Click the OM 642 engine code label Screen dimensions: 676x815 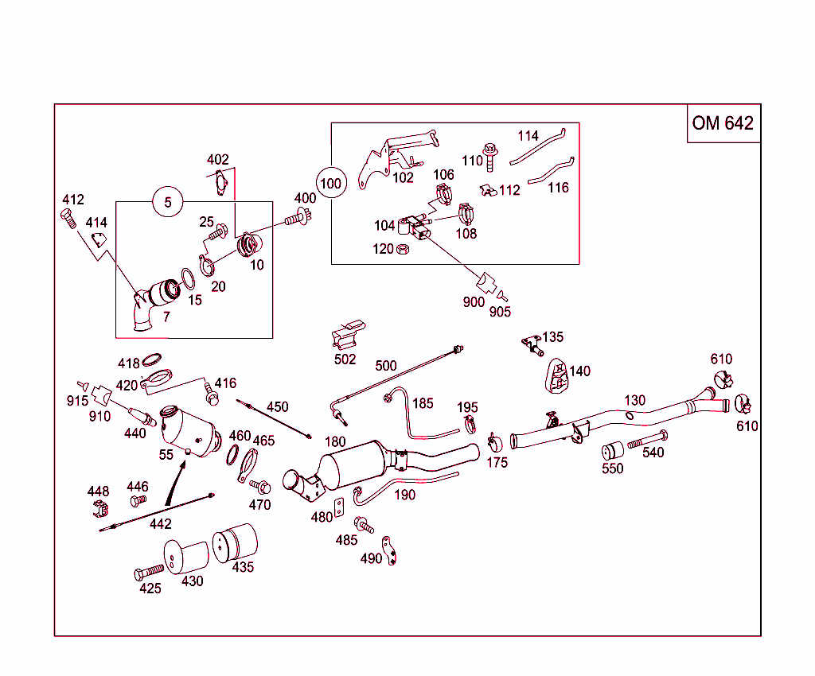click(723, 123)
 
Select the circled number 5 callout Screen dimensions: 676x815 click(168, 202)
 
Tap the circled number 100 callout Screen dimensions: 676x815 click(330, 184)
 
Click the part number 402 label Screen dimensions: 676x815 click(217, 160)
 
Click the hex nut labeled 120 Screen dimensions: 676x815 click(403, 249)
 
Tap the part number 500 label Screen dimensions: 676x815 click(385, 366)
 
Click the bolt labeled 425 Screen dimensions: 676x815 click(149, 572)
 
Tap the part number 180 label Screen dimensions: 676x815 click(335, 441)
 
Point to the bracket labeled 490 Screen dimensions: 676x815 click(389, 550)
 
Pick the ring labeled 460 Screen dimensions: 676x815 click(233, 454)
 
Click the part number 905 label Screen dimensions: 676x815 click(500, 312)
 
